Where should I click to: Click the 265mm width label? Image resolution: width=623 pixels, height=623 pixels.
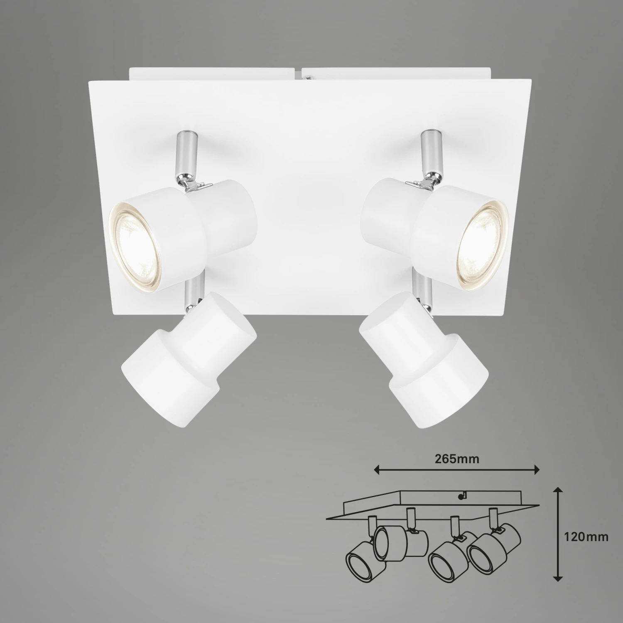pos(457,459)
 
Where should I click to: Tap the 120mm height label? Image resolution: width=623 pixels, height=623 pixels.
pos(586,537)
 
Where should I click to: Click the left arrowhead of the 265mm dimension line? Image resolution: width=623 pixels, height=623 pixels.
pos(378,470)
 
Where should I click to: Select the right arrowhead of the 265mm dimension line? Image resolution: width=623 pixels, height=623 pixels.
pos(535,470)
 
